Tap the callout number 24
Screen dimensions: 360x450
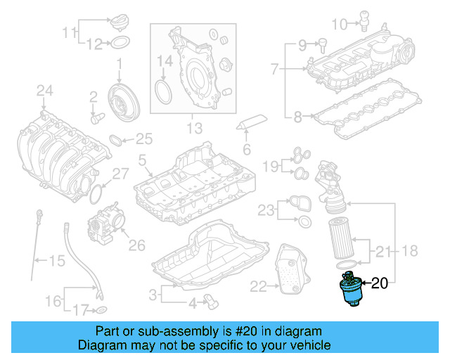[x=45, y=90]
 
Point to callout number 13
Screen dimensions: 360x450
[x=193, y=129]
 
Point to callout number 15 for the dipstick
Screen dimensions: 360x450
[x=56, y=262]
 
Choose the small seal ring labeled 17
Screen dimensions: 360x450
[x=101, y=309]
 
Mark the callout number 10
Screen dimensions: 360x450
[x=339, y=25]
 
